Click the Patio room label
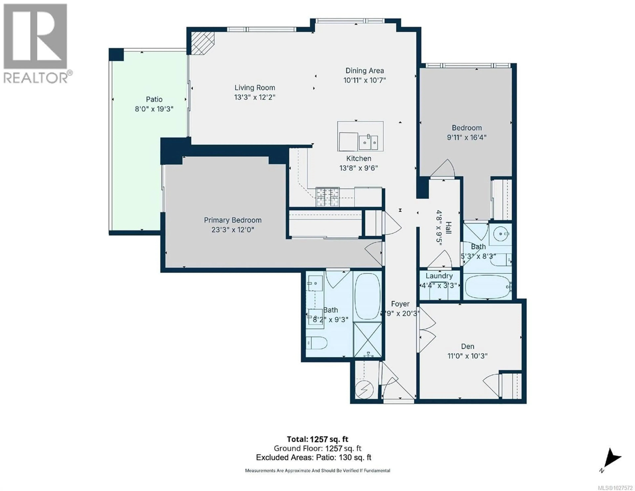click(154, 99)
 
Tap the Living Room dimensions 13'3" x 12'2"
click(255, 97)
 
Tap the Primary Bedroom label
click(233, 220)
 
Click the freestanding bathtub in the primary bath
click(367, 297)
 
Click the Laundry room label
click(439, 276)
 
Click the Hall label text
click(448, 228)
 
